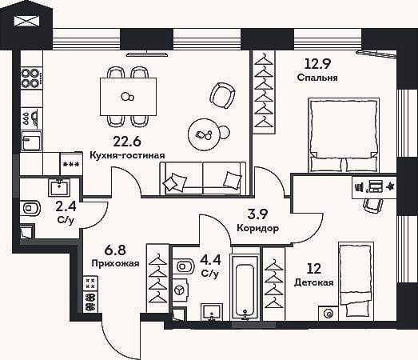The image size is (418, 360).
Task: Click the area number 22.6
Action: tap(127, 142)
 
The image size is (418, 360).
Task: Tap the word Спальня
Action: tap(317, 78)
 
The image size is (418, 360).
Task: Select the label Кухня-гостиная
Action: tap(127, 155)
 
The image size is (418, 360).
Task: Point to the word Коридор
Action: tap(258, 228)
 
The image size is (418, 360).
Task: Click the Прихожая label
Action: tap(115, 263)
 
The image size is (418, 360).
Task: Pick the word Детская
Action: tap(314, 282)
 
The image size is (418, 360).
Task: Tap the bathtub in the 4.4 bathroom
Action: tap(245, 287)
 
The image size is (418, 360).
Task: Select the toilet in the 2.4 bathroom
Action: tap(30, 207)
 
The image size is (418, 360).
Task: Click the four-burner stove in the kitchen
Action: tap(31, 78)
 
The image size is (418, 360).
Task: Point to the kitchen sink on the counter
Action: tap(31, 141)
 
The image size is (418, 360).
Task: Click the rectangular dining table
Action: tap(128, 97)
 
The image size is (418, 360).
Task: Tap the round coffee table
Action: tap(205, 134)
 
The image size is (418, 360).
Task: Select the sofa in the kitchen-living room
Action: tap(203, 178)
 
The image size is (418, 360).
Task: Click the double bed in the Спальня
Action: tap(344, 134)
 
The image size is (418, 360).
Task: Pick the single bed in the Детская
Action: tap(356, 281)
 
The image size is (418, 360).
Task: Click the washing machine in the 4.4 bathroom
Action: tap(180, 290)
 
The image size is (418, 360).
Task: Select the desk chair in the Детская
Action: tap(373, 206)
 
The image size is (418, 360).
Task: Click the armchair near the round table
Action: tap(223, 95)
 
